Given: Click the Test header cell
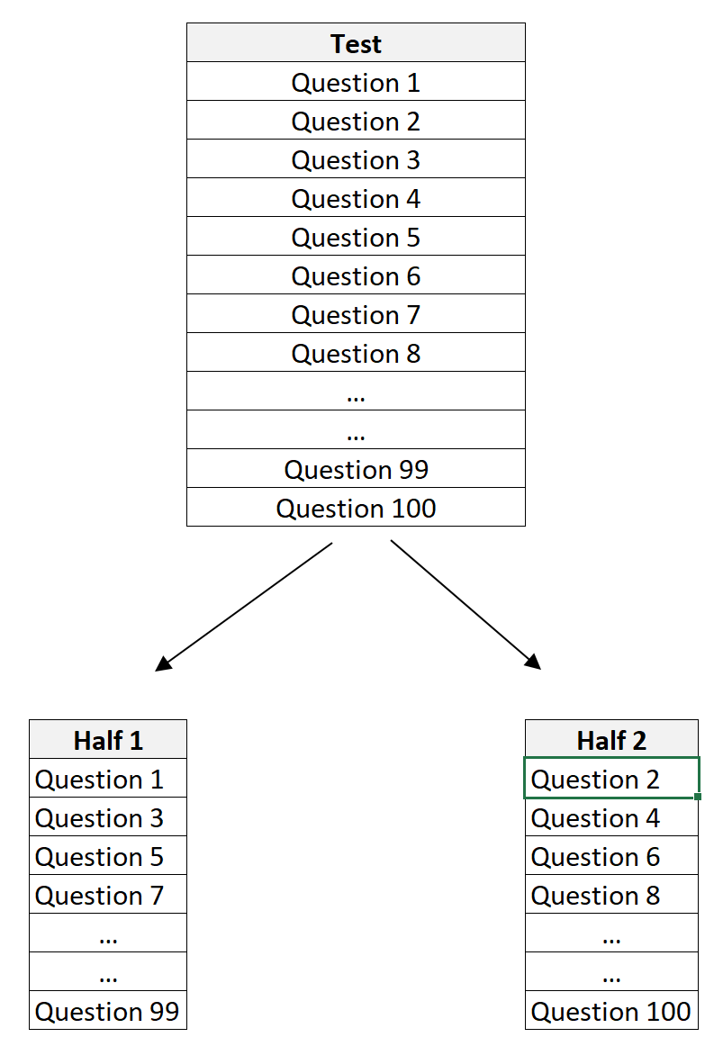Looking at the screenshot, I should [356, 43].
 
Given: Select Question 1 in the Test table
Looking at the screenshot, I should [356, 83].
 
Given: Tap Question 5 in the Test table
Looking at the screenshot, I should [356, 238].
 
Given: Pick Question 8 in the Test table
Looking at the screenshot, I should [356, 354].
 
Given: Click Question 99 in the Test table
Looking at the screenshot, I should [356, 470].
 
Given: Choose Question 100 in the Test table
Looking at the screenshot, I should [356, 509].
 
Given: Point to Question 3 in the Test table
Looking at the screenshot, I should [356, 160].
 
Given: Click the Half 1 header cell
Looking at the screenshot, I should [108, 740].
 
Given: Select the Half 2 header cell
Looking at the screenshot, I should [611, 740].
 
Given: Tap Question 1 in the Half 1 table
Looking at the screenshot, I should [100, 780].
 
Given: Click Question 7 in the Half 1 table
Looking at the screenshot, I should [100, 896].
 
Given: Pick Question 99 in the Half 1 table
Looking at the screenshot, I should [107, 1012].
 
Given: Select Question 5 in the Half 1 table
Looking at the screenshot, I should [100, 857].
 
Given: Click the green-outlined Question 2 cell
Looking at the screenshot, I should [596, 780].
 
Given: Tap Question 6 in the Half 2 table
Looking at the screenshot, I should [596, 857].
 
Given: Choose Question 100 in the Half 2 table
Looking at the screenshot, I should [611, 1012].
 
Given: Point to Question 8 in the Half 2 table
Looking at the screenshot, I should [596, 896].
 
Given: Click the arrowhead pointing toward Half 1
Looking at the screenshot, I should [162, 664].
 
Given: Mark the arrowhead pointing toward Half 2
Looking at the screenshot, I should [534, 663].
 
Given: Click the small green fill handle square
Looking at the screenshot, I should [698, 797].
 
